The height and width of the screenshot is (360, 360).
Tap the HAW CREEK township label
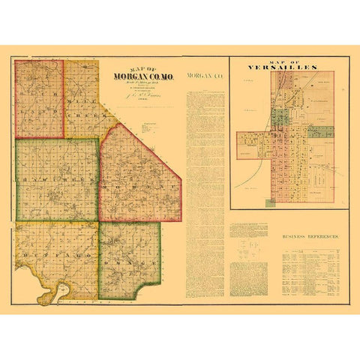56,181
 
